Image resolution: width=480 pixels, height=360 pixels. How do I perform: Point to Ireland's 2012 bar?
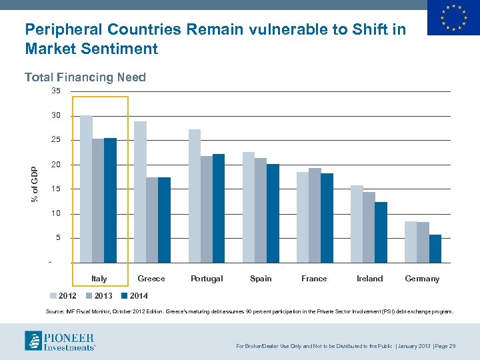pyautogui.click(x=357, y=224)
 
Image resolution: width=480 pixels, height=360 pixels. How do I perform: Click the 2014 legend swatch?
pyautogui.click(x=125, y=295)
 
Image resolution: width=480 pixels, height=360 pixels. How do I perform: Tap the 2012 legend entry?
pyautogui.click(x=63, y=295)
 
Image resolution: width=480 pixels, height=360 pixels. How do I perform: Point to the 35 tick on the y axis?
pyautogui.click(x=56, y=91)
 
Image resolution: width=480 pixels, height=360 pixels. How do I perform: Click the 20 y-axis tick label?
pyautogui.click(x=56, y=165)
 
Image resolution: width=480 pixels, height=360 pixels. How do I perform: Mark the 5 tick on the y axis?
pyautogui.click(x=58, y=238)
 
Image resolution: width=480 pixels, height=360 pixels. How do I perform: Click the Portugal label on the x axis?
pyautogui.click(x=207, y=279)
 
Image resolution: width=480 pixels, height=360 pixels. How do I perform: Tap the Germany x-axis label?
pyautogui.click(x=422, y=279)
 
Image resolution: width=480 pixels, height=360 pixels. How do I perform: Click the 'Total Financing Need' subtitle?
pyautogui.click(x=85, y=77)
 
